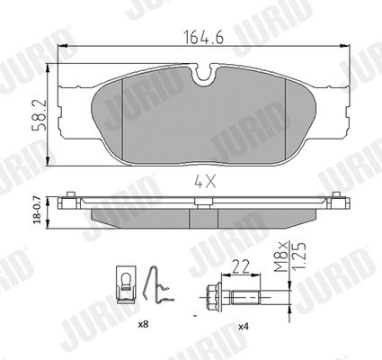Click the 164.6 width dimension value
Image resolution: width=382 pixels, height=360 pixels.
203,38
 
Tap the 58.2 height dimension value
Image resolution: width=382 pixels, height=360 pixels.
40,115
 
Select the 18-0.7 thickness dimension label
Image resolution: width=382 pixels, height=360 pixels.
38,210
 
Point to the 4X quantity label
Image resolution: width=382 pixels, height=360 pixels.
205,181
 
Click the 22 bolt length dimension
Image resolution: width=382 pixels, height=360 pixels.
241,266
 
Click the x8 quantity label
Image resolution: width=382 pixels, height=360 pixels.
144,324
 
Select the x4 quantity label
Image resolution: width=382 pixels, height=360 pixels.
244,327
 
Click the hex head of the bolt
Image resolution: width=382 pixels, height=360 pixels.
212,297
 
